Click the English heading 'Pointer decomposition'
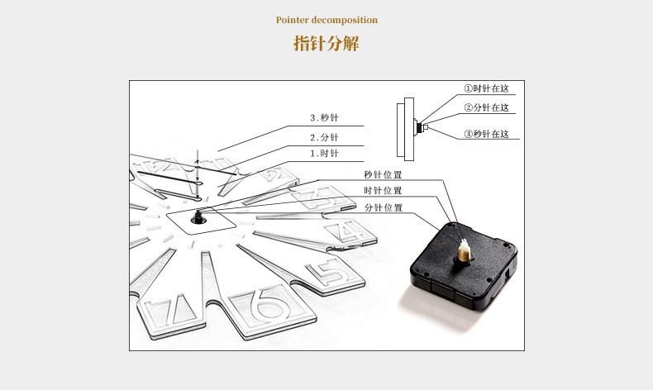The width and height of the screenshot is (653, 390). coord(326,20)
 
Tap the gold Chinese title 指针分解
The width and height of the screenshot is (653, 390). coord(326,43)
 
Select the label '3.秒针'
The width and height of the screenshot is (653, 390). coord(324,117)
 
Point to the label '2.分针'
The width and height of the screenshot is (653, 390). coord(324,137)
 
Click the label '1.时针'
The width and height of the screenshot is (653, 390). coord(324,154)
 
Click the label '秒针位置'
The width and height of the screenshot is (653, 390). coord(383,174)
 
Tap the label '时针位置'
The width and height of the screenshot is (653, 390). coord(383,191)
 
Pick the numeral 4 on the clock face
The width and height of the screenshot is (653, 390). coord(350,232)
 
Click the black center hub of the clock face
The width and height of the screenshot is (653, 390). coord(198,217)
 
